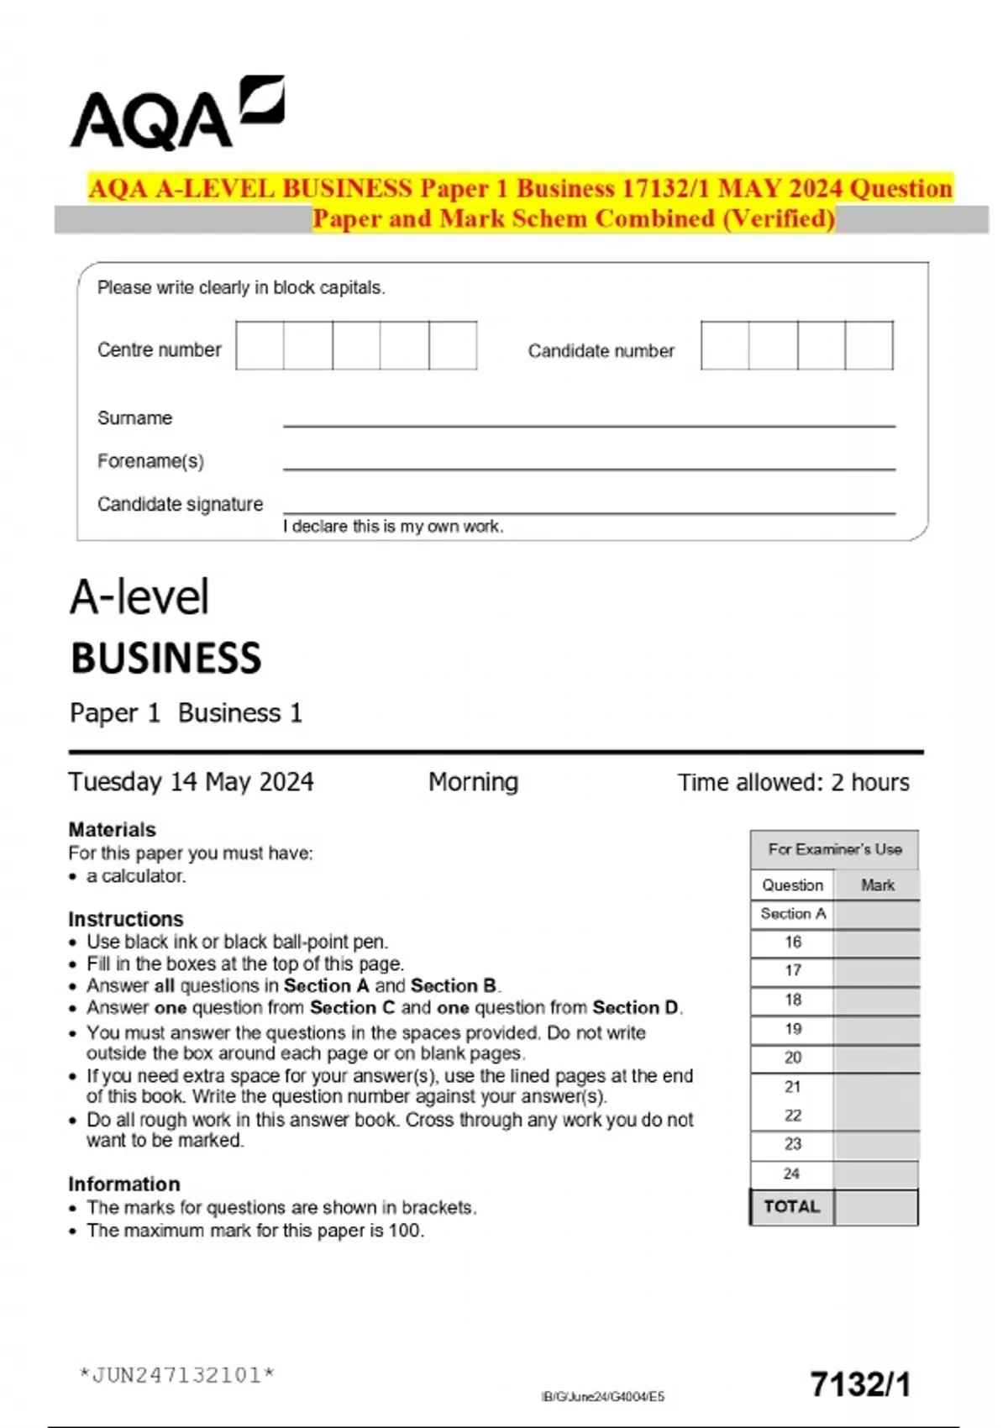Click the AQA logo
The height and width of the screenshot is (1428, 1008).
coord(176,115)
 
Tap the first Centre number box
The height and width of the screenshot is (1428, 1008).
coord(260,345)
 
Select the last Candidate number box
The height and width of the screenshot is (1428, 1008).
coord(869,345)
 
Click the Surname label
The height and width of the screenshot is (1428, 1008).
coord(134,418)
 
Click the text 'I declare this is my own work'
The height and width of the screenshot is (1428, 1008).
coord(393,527)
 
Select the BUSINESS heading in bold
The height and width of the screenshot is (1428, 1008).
coord(165,659)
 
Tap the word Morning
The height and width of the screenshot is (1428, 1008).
coord(473,782)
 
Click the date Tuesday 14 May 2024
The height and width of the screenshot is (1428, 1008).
coord(191,782)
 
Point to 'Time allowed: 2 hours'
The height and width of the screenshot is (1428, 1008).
coord(793,783)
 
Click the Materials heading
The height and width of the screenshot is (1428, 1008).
coord(112,830)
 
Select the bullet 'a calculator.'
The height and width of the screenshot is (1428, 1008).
coord(136,876)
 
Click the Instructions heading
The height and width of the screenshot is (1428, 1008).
coord(125,919)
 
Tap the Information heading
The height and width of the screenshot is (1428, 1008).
coord(123,1184)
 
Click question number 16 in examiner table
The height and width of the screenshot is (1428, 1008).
coord(793,942)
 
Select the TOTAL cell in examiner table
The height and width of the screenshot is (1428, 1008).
coord(791,1207)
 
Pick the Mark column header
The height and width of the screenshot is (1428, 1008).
coord(877,885)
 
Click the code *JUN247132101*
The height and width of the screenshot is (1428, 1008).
coord(176,1375)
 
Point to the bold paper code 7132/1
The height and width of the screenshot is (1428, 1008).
coord(860,1384)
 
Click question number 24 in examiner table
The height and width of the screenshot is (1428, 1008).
coord(791,1173)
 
